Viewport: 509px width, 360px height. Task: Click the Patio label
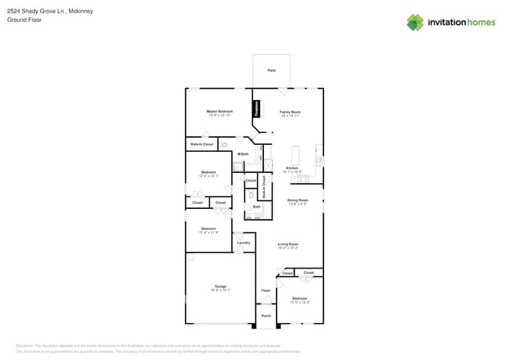pos(271,70)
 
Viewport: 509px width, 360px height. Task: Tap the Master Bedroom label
pos(219,112)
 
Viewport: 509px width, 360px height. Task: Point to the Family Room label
pos(291,112)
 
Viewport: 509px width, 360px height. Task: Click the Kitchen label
pos(291,168)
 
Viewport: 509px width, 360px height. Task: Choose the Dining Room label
pos(298,200)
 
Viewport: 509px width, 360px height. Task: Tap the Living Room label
pos(288,244)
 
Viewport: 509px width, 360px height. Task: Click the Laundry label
pos(244,243)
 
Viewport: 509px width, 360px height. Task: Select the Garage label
pos(220,286)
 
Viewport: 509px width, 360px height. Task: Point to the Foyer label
pos(266,290)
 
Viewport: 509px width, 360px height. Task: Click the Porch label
pos(266,316)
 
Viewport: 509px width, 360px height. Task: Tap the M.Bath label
pos(244,153)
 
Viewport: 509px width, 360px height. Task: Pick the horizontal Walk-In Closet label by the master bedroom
pos(201,144)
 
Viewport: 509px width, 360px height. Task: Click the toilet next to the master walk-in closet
pos(224,145)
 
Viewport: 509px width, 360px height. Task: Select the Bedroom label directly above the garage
pos(208,229)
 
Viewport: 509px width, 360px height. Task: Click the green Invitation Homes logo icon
pos(415,22)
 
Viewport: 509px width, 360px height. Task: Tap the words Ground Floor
pos(23,20)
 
